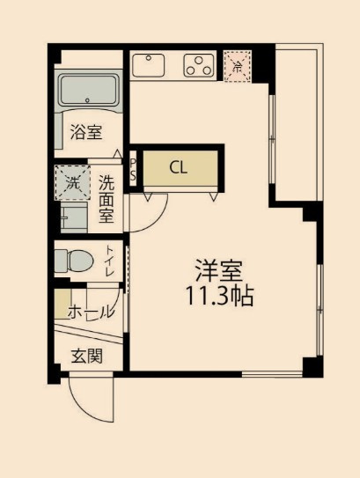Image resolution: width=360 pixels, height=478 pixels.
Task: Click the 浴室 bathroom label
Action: pyautogui.click(x=86, y=132)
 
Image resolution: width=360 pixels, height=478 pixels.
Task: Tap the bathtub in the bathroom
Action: pyautogui.click(x=88, y=90)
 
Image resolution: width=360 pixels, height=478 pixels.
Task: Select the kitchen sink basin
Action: pyautogui.click(x=149, y=65)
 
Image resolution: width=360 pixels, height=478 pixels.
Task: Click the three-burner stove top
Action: pyautogui.click(x=199, y=65)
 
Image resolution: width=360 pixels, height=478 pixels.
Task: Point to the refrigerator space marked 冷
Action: pyautogui.click(x=237, y=66)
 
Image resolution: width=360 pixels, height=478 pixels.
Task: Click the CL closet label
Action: pyautogui.click(x=178, y=167)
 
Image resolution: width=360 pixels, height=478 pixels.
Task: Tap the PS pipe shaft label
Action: pyautogui.click(x=133, y=170)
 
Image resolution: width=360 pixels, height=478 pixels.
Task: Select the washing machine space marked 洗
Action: pyautogui.click(x=72, y=182)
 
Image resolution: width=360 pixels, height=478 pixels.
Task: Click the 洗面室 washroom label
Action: pyautogui.click(x=107, y=199)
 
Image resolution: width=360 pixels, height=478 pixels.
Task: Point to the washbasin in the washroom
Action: pyautogui.click(x=74, y=217)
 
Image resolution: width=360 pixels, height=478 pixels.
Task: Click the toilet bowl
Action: pyautogui.click(x=74, y=261)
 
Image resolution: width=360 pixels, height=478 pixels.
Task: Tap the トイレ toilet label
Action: pyautogui.click(x=110, y=261)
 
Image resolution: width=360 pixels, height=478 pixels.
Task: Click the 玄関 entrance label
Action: pyautogui.click(x=86, y=356)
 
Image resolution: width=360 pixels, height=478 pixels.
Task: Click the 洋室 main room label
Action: pyautogui.click(x=219, y=271)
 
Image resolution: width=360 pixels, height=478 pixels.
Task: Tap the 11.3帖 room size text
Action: pyautogui.click(x=219, y=296)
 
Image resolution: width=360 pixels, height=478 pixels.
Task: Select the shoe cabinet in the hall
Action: pyautogui.click(x=62, y=304)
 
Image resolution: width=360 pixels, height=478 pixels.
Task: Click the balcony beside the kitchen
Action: pyautogui.click(x=298, y=122)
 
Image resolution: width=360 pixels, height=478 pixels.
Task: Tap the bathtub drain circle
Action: pyautogui.click(x=88, y=100)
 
